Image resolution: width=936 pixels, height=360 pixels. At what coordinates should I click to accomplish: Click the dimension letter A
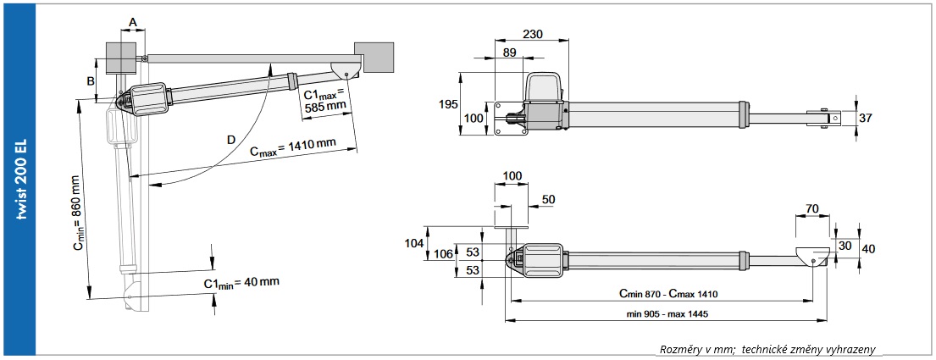tap(132, 20)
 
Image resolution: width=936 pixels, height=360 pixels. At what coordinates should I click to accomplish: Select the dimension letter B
tap(90, 81)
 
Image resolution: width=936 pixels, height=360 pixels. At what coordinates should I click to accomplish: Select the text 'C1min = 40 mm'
tap(241, 282)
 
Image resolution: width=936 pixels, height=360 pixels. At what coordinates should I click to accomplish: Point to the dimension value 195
tap(449, 103)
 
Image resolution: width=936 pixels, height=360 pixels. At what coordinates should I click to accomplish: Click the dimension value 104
tap(414, 243)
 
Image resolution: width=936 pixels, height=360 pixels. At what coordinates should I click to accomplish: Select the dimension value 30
tap(845, 245)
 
